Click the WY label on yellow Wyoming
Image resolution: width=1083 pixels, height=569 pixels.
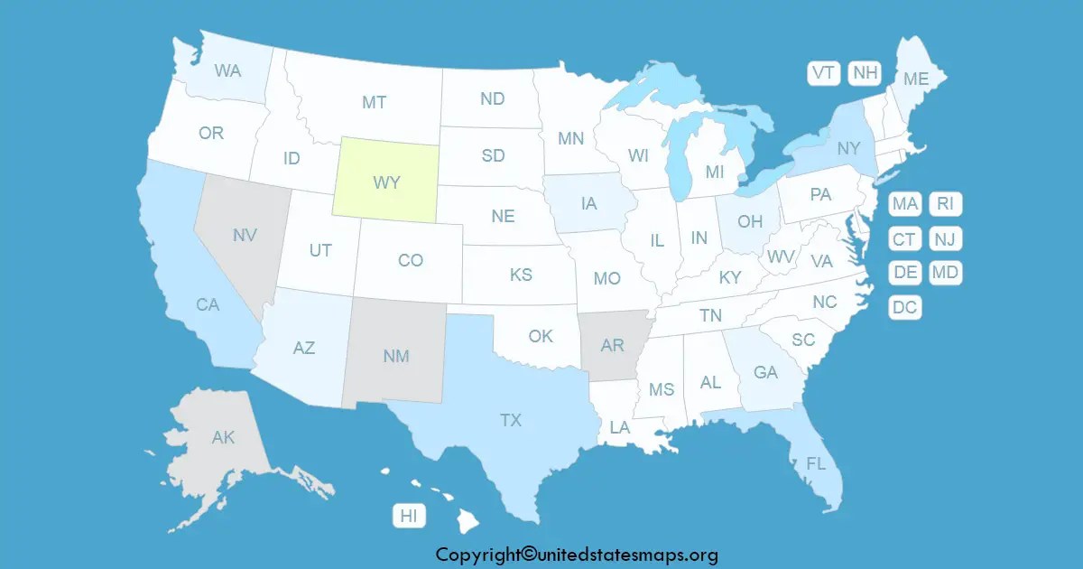387,182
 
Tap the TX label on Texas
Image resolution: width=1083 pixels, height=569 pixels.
511,419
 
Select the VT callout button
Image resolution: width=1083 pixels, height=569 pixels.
823,73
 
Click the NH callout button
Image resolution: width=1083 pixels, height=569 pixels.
865,73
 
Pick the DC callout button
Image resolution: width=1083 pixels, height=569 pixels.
904,307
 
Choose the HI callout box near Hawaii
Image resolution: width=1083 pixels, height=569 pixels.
409,516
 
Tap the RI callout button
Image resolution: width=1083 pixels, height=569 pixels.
945,204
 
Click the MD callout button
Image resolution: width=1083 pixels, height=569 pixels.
945,272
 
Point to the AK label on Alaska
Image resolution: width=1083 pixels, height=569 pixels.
223,438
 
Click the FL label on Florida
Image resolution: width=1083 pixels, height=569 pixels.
816,464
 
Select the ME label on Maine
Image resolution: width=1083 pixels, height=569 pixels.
916,79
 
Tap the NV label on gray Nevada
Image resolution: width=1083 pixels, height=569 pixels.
245,235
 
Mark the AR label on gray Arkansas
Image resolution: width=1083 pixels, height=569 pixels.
612,345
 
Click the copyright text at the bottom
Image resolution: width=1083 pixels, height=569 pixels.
577,555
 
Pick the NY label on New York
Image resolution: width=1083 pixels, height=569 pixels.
848,148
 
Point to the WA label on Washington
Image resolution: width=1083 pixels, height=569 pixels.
227,70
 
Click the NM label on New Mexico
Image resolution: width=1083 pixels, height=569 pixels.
395,356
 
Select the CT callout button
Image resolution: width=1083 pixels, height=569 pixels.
904,238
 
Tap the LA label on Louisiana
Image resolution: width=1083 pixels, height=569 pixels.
619,427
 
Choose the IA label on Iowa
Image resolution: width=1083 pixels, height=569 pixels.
588,204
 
